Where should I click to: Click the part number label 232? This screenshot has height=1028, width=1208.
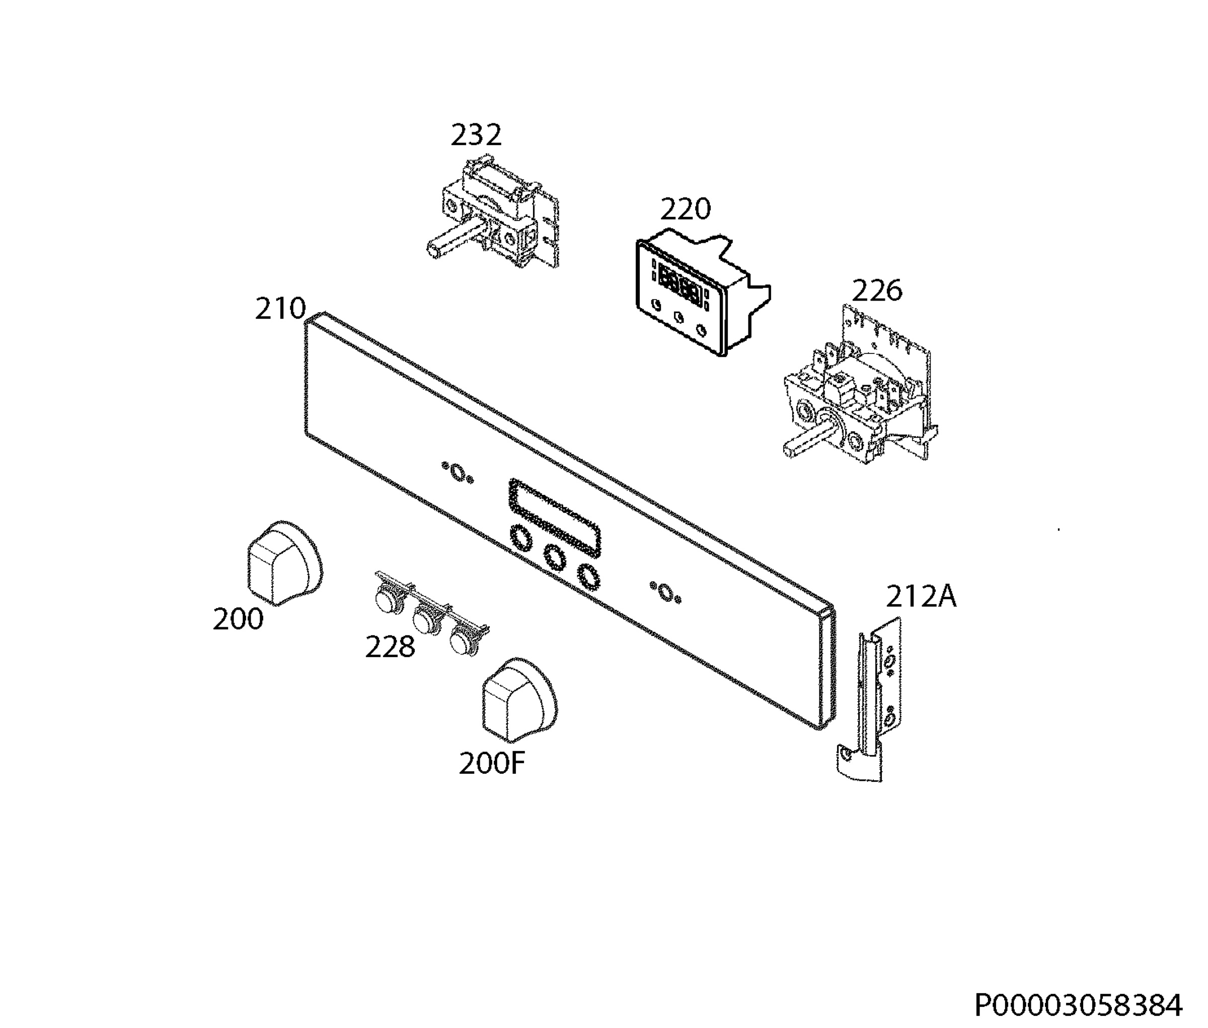(476, 135)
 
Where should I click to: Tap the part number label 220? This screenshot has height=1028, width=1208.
(686, 209)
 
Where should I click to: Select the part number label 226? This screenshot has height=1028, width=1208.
(877, 290)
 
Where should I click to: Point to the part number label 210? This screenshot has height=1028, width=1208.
(280, 309)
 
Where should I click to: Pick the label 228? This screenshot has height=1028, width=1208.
(390, 647)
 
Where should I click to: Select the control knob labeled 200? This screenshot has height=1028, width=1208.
(284, 562)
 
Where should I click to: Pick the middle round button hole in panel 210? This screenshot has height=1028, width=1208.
(555, 557)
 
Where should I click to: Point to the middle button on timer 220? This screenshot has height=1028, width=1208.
(678, 318)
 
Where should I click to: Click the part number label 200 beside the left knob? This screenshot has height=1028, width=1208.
(238, 619)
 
